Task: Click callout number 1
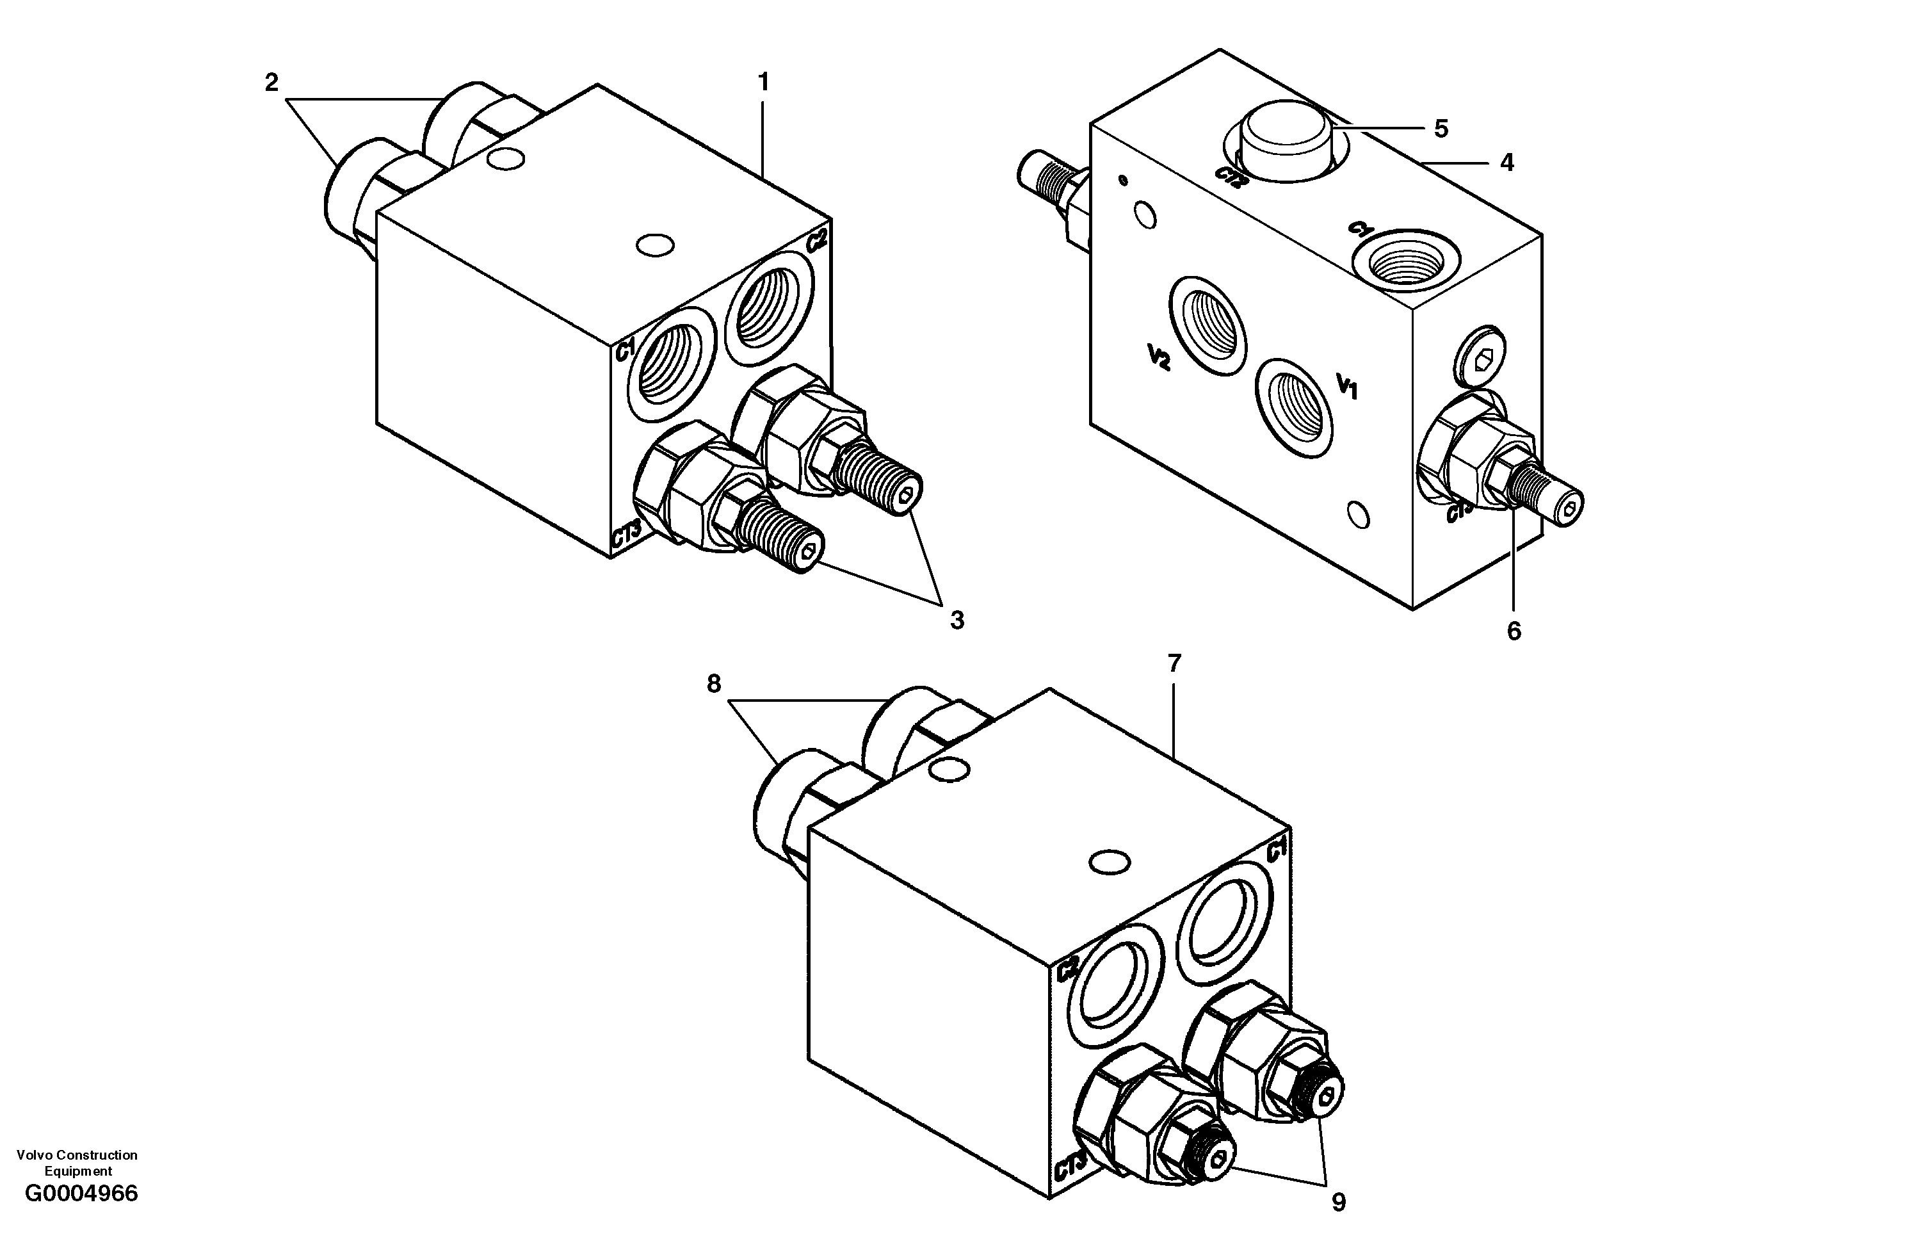click(763, 82)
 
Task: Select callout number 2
click(271, 82)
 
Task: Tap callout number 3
click(957, 620)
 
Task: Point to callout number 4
click(1506, 163)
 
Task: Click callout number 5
click(1441, 128)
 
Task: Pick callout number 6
click(1514, 631)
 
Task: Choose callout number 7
click(1174, 663)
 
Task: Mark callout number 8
click(713, 683)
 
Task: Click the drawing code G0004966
click(82, 1194)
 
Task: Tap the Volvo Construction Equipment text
click(77, 1162)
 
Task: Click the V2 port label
click(1159, 357)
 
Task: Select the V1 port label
click(1347, 386)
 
